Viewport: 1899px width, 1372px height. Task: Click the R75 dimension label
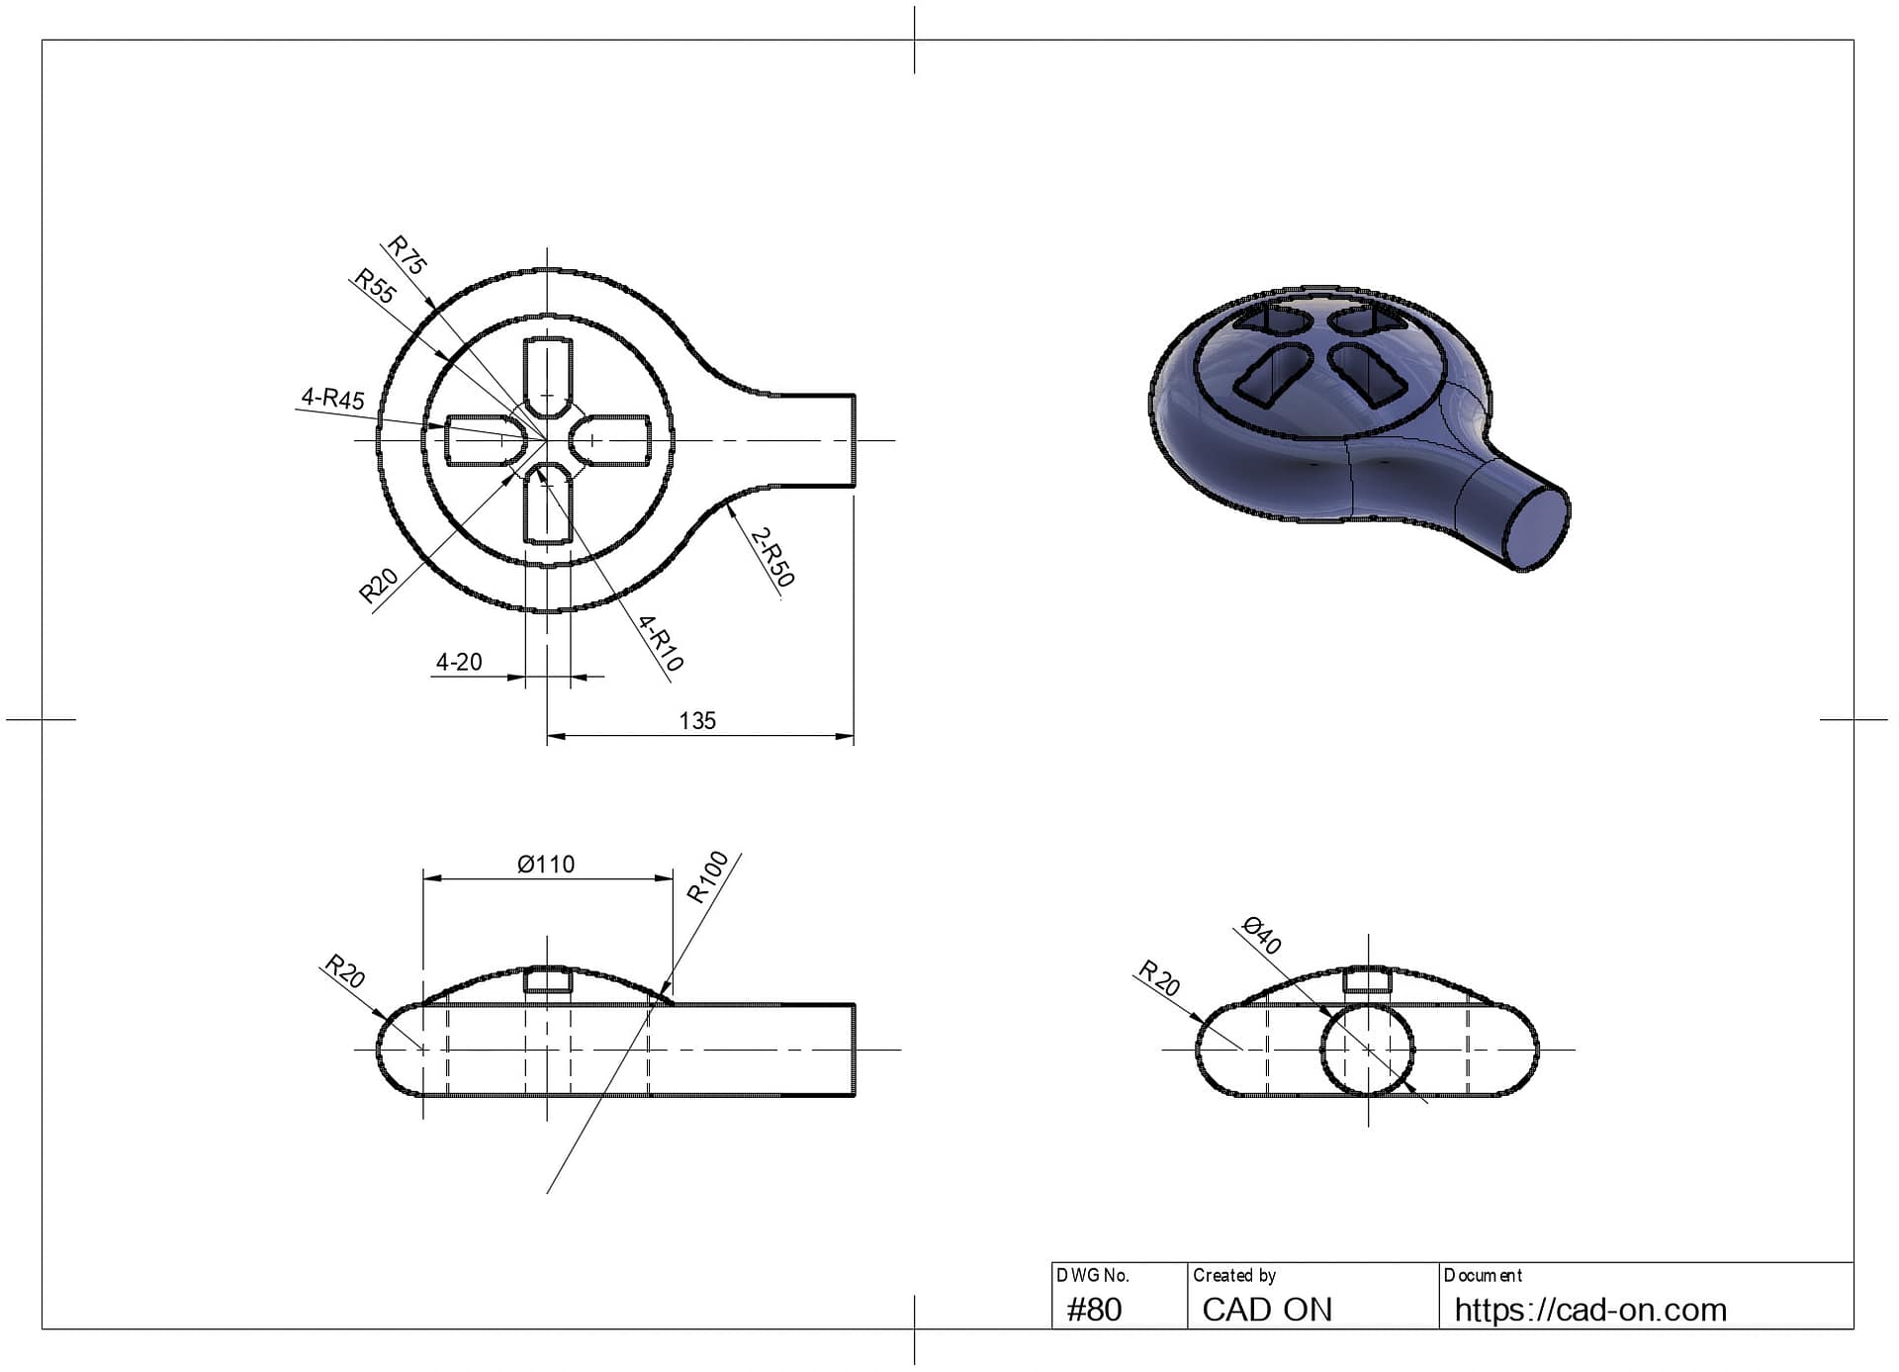click(407, 254)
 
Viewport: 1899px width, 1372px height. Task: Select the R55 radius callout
click(375, 286)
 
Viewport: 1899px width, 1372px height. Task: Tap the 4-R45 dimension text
click(333, 398)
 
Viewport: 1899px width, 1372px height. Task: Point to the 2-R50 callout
click(771, 557)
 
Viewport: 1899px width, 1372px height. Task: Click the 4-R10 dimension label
click(661, 643)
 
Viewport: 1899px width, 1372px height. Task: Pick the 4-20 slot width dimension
click(459, 662)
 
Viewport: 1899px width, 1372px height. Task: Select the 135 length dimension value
click(697, 720)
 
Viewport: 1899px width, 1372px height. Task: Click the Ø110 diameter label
click(546, 865)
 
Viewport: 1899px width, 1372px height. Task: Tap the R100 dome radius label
click(708, 876)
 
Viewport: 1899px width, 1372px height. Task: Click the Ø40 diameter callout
click(1262, 936)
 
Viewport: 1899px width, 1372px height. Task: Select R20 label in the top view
click(378, 586)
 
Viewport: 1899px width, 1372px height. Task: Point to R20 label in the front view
click(345, 971)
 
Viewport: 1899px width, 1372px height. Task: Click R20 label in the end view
click(1159, 977)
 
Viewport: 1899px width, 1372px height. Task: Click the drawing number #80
click(1094, 1310)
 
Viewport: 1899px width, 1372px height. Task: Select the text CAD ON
click(1267, 1310)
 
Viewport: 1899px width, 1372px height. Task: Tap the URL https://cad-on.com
click(1589, 1310)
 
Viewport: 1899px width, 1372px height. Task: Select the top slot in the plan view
click(548, 377)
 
